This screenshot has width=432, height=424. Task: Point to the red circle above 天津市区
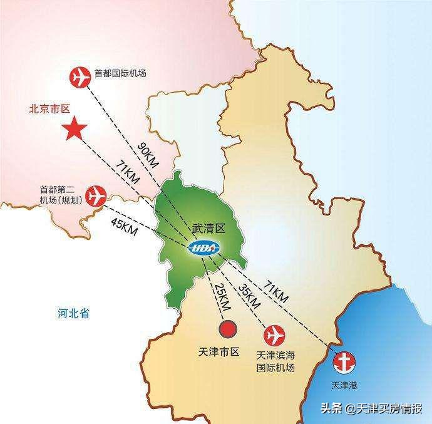227,329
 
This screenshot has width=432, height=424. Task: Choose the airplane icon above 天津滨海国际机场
274,334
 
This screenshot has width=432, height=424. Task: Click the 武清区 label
208,229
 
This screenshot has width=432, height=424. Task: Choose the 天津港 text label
345,383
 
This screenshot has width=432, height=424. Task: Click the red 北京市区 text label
49,108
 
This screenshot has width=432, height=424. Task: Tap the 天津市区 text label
219,352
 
